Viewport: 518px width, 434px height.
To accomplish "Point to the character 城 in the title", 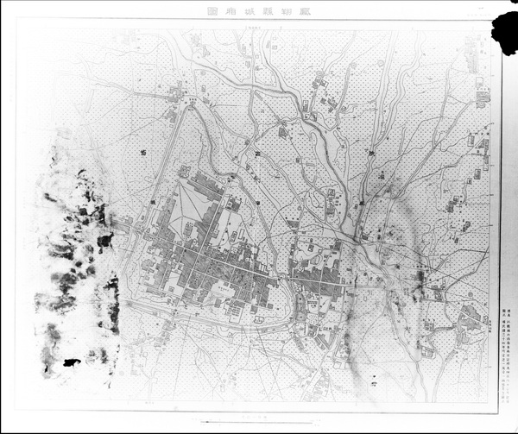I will [246, 12].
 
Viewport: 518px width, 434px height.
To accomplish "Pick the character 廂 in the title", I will [229, 12].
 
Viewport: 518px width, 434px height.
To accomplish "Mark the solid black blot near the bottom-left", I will [72, 362].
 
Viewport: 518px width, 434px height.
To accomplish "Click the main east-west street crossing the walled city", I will [216, 262].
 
